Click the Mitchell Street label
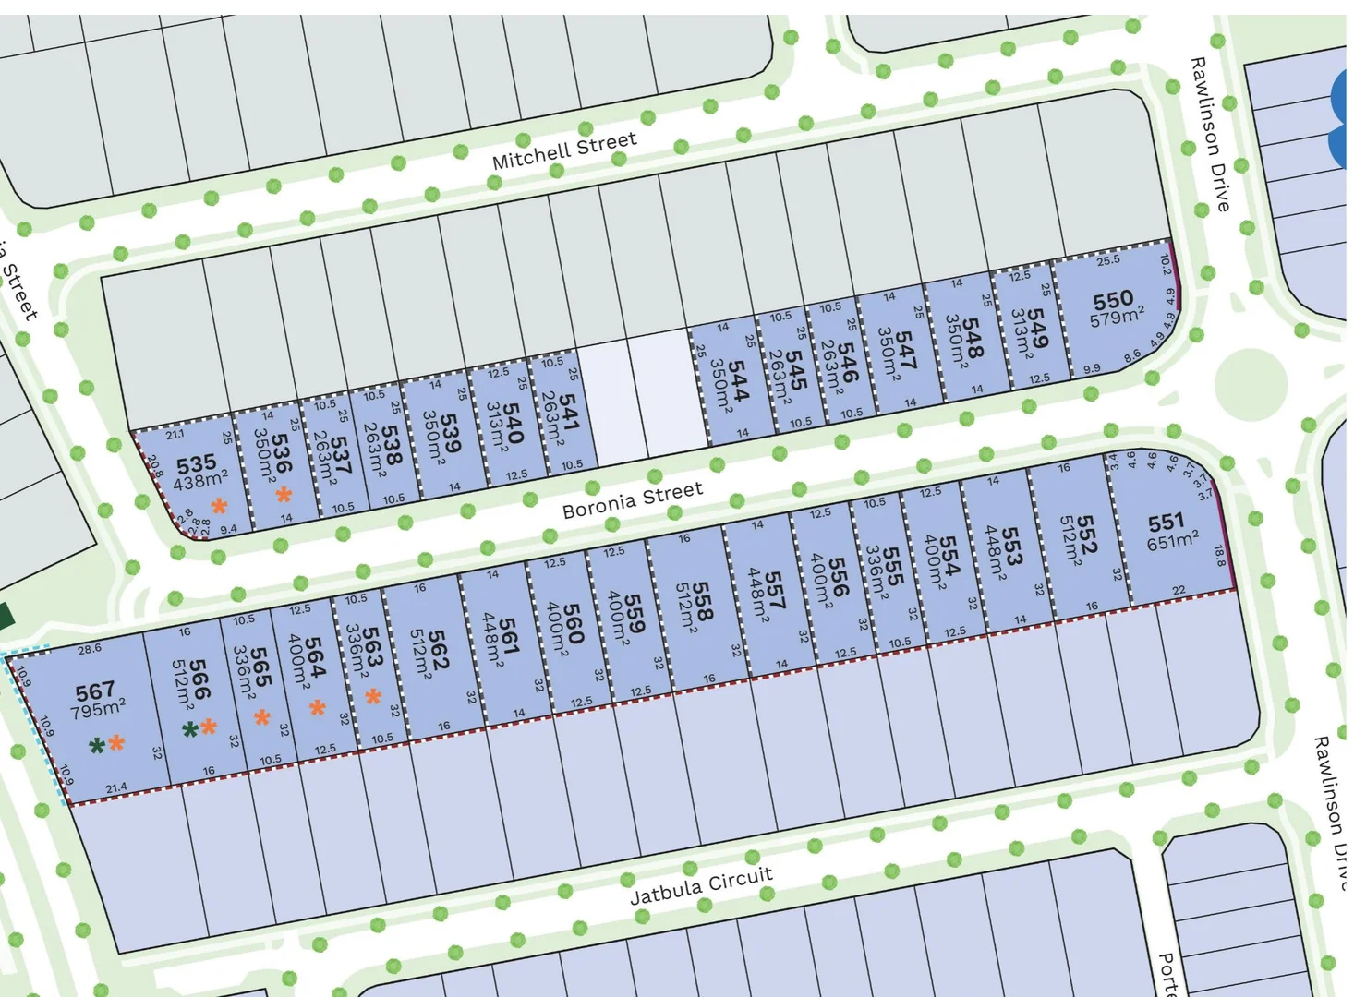(564, 150)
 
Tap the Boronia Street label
(633, 498)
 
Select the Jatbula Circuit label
(701, 885)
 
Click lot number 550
(1113, 300)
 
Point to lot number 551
(1166, 523)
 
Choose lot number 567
(95, 691)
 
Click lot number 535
(196, 462)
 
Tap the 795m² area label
(99, 709)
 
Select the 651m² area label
(1173, 541)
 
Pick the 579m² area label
(1117, 318)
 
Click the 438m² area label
(200, 479)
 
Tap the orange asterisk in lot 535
(219, 505)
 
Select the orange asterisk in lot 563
(372, 695)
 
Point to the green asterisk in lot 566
(190, 730)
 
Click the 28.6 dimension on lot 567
(90, 649)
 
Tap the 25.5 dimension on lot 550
(1108, 260)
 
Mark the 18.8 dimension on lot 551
(1219, 556)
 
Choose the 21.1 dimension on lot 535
(175, 434)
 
